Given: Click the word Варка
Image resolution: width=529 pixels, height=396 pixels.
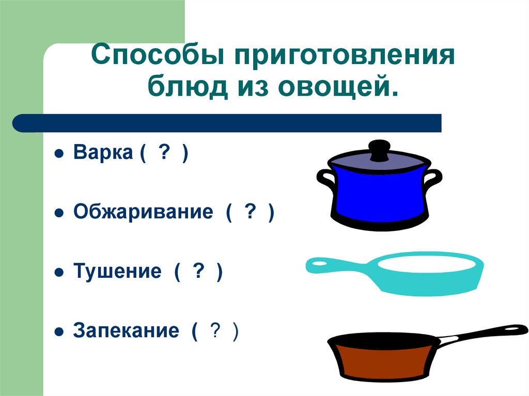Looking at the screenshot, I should [102, 153].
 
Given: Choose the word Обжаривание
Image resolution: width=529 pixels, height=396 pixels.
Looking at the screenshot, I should [143, 212].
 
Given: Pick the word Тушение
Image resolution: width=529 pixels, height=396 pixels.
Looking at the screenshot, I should [117, 272].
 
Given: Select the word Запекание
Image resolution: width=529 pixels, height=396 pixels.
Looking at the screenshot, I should [126, 330].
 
